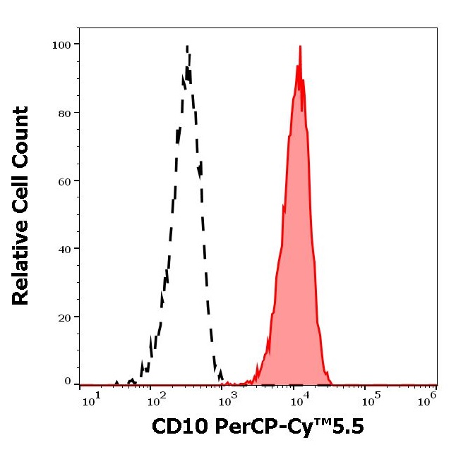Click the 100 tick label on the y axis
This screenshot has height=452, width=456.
click(x=61, y=44)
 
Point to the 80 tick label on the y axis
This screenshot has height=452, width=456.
click(x=64, y=113)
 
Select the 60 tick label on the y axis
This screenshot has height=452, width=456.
click(x=64, y=181)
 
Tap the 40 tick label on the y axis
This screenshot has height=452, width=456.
click(x=64, y=249)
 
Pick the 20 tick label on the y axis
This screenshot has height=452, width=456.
click(x=64, y=317)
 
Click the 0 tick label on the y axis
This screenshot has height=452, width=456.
click(x=68, y=381)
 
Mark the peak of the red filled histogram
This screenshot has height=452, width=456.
click(x=300, y=47)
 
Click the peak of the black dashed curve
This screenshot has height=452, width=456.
click(x=187, y=47)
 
